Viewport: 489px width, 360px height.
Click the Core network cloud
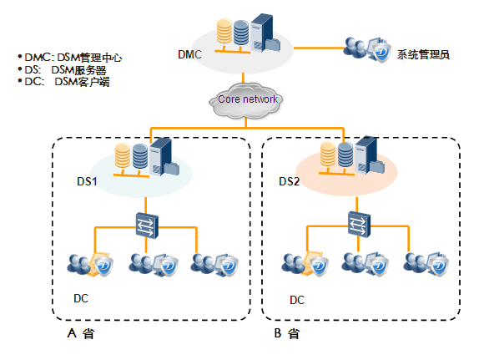245,100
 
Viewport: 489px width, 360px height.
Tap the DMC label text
189,54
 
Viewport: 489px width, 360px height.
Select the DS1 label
87,181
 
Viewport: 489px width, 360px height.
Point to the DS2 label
289,181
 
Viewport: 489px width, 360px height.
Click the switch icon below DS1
147,226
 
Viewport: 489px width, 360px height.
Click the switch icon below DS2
359,224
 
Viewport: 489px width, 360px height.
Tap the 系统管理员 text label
423,54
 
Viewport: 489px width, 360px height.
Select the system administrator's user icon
367,49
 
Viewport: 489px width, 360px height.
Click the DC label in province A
81,298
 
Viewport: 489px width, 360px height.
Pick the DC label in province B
297,300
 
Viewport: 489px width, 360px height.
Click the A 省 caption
80,333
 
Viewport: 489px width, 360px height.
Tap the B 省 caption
287,333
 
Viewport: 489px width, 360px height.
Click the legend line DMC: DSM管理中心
70,58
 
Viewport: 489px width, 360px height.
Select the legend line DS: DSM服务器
62,69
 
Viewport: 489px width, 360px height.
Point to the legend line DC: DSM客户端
63,82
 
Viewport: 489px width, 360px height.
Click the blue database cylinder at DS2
345,155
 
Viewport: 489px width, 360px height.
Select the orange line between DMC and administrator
319,48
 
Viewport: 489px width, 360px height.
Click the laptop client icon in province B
305,264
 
